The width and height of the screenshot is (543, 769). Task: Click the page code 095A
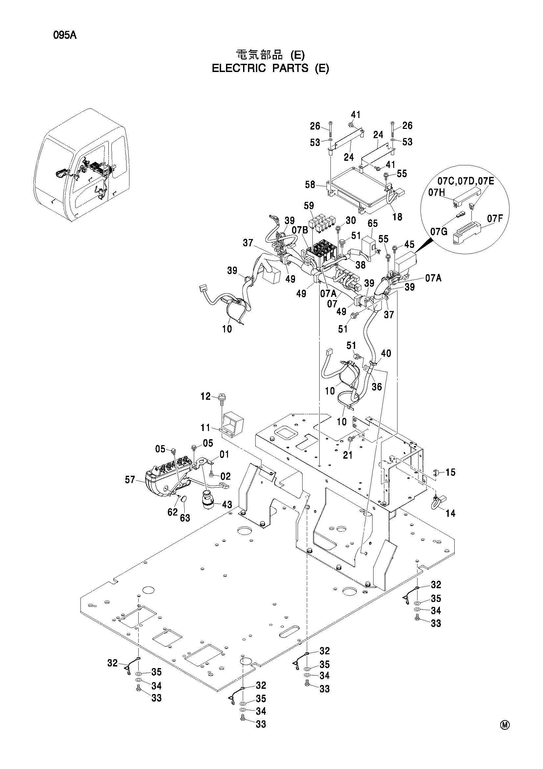65,35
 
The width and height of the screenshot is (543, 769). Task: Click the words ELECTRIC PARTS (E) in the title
270,68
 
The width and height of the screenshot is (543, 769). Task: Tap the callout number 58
310,184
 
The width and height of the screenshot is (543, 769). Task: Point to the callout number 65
373,223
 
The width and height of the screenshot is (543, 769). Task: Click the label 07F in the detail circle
495,219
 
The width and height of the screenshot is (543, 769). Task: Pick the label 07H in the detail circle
437,193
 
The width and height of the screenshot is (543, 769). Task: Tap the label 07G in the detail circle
439,231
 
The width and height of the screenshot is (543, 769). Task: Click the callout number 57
130,480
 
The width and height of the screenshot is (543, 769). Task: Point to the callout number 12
205,397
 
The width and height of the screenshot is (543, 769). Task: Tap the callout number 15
451,472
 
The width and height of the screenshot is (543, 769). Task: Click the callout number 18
397,217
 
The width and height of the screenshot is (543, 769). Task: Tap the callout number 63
185,518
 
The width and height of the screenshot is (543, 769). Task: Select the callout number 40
386,353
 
